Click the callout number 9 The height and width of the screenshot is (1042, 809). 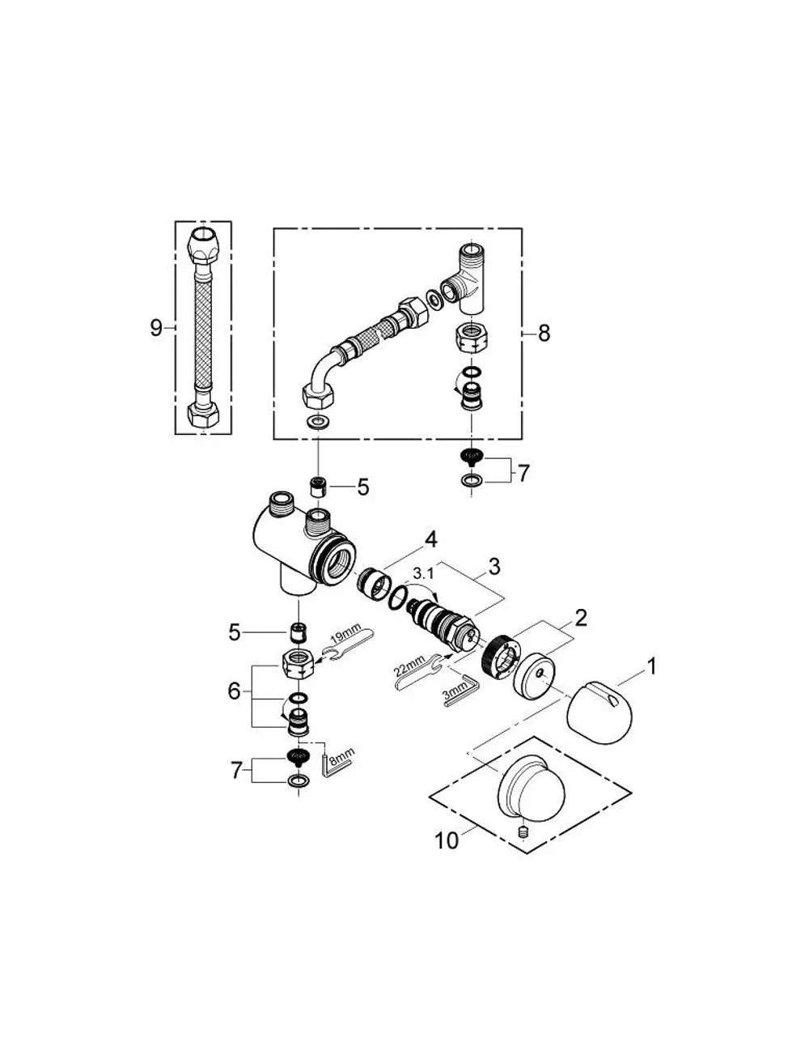157,328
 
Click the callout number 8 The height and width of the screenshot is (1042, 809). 544,333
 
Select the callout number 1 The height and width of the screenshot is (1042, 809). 650,666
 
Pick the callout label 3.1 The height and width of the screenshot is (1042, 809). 423,572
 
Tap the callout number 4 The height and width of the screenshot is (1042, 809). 431,540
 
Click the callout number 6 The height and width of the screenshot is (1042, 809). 234,691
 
